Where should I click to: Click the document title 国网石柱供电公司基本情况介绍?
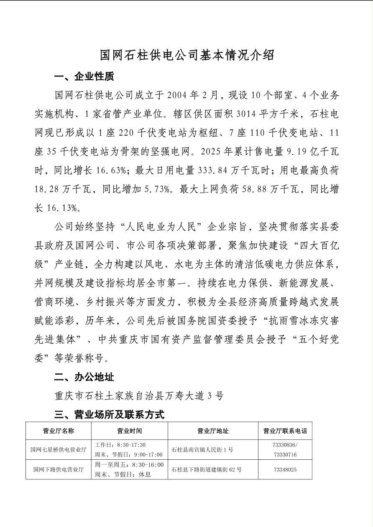tap(186, 55)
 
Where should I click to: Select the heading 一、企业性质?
tap(84, 76)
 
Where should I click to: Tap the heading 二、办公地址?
tap(84, 377)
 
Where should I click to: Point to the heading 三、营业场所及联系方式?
tap(109, 414)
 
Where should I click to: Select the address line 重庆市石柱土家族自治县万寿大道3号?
tap(139, 395)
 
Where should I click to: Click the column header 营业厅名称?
tap(59, 431)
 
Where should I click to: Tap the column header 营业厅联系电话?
tap(285, 431)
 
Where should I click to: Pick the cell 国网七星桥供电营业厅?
tap(59, 450)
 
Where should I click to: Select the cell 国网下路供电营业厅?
tap(59, 469)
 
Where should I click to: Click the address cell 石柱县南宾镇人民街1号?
tap(202, 450)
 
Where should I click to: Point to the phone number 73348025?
tap(285, 469)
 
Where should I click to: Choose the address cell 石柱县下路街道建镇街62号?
tap(207, 469)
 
